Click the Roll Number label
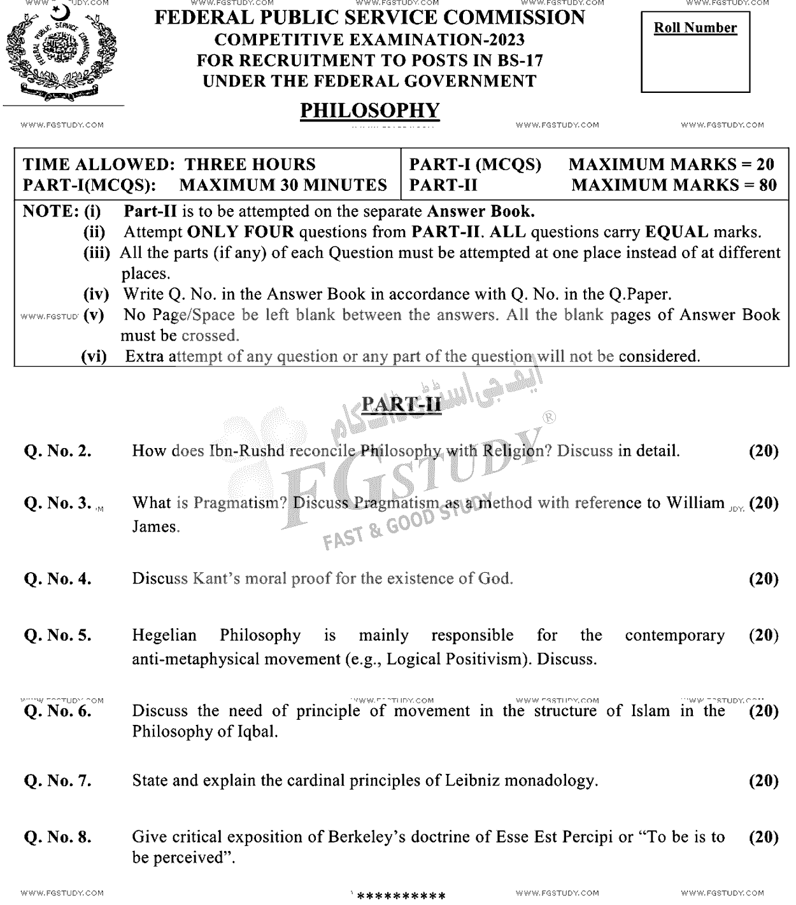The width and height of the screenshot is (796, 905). coord(695,28)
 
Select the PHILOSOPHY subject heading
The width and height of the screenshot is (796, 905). coord(369,110)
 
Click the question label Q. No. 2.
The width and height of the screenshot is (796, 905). coord(57,451)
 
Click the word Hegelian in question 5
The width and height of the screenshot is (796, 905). coord(164,635)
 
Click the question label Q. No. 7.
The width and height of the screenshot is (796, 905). coord(57,781)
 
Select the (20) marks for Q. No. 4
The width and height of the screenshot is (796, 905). coord(764,579)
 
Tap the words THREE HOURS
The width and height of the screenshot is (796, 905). coord(250,165)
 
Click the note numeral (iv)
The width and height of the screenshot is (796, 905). coord(97,294)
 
